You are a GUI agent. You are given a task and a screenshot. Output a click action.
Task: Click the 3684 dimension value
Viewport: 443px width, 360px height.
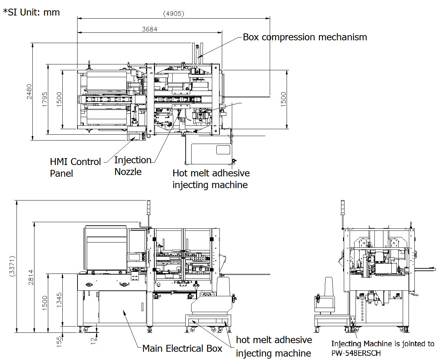(150, 29)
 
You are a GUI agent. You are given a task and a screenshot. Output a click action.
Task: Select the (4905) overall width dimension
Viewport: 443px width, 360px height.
(174, 14)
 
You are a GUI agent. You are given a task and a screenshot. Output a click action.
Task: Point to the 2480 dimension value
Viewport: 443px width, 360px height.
(29, 92)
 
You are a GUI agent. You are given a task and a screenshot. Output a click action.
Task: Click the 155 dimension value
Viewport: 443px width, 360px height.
(59, 340)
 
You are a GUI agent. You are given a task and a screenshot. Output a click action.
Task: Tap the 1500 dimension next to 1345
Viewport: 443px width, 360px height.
(45, 303)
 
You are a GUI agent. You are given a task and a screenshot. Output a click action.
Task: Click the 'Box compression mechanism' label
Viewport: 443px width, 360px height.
(305, 37)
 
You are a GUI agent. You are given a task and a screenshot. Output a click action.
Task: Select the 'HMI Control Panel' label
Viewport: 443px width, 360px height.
(75, 167)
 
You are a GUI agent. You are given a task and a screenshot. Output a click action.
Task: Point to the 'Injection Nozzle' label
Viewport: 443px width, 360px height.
(133, 166)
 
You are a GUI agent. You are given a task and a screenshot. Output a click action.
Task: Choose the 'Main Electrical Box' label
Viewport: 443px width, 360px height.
(182, 349)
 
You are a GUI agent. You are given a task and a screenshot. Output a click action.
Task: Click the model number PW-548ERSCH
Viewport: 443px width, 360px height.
(356, 353)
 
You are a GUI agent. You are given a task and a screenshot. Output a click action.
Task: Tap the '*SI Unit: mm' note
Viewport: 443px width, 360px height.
(31, 12)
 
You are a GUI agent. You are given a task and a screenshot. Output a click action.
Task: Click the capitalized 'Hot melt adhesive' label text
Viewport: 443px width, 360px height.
(211, 173)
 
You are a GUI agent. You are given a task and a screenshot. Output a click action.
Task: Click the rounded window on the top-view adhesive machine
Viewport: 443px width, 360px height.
(223, 150)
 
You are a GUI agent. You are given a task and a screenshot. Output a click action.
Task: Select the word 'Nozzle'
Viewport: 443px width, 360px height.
(128, 172)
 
